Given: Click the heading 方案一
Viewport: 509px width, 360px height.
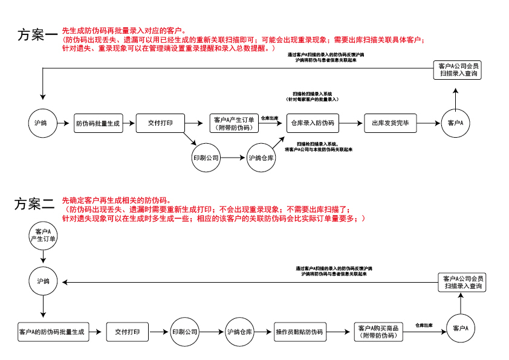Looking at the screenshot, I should (x=38, y=35).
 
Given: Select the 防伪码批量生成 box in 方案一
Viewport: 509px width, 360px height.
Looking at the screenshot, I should (x=98, y=123).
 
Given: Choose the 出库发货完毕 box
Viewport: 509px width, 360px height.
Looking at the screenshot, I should (x=390, y=123).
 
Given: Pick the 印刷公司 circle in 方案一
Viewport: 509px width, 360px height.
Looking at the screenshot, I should (x=206, y=157).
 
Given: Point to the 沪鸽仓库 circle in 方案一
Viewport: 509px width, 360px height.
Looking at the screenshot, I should (x=262, y=157).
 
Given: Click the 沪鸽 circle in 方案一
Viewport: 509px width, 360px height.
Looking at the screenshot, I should (x=43, y=123).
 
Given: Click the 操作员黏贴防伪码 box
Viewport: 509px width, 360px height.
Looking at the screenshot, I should (x=299, y=332).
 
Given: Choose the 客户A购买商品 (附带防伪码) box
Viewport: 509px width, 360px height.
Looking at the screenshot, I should (x=378, y=332).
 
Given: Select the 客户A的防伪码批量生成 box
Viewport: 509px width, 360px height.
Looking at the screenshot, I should (x=51, y=332).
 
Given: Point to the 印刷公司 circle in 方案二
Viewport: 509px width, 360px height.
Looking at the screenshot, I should (x=185, y=332).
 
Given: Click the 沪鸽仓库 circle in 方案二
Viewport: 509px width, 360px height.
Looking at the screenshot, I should (x=240, y=332).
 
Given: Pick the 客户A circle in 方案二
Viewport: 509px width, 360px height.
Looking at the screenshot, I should (x=461, y=328).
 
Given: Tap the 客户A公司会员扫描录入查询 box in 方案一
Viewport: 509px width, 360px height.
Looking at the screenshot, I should (x=458, y=70).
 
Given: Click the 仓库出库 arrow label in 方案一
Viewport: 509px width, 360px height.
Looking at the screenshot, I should (x=270, y=118).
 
